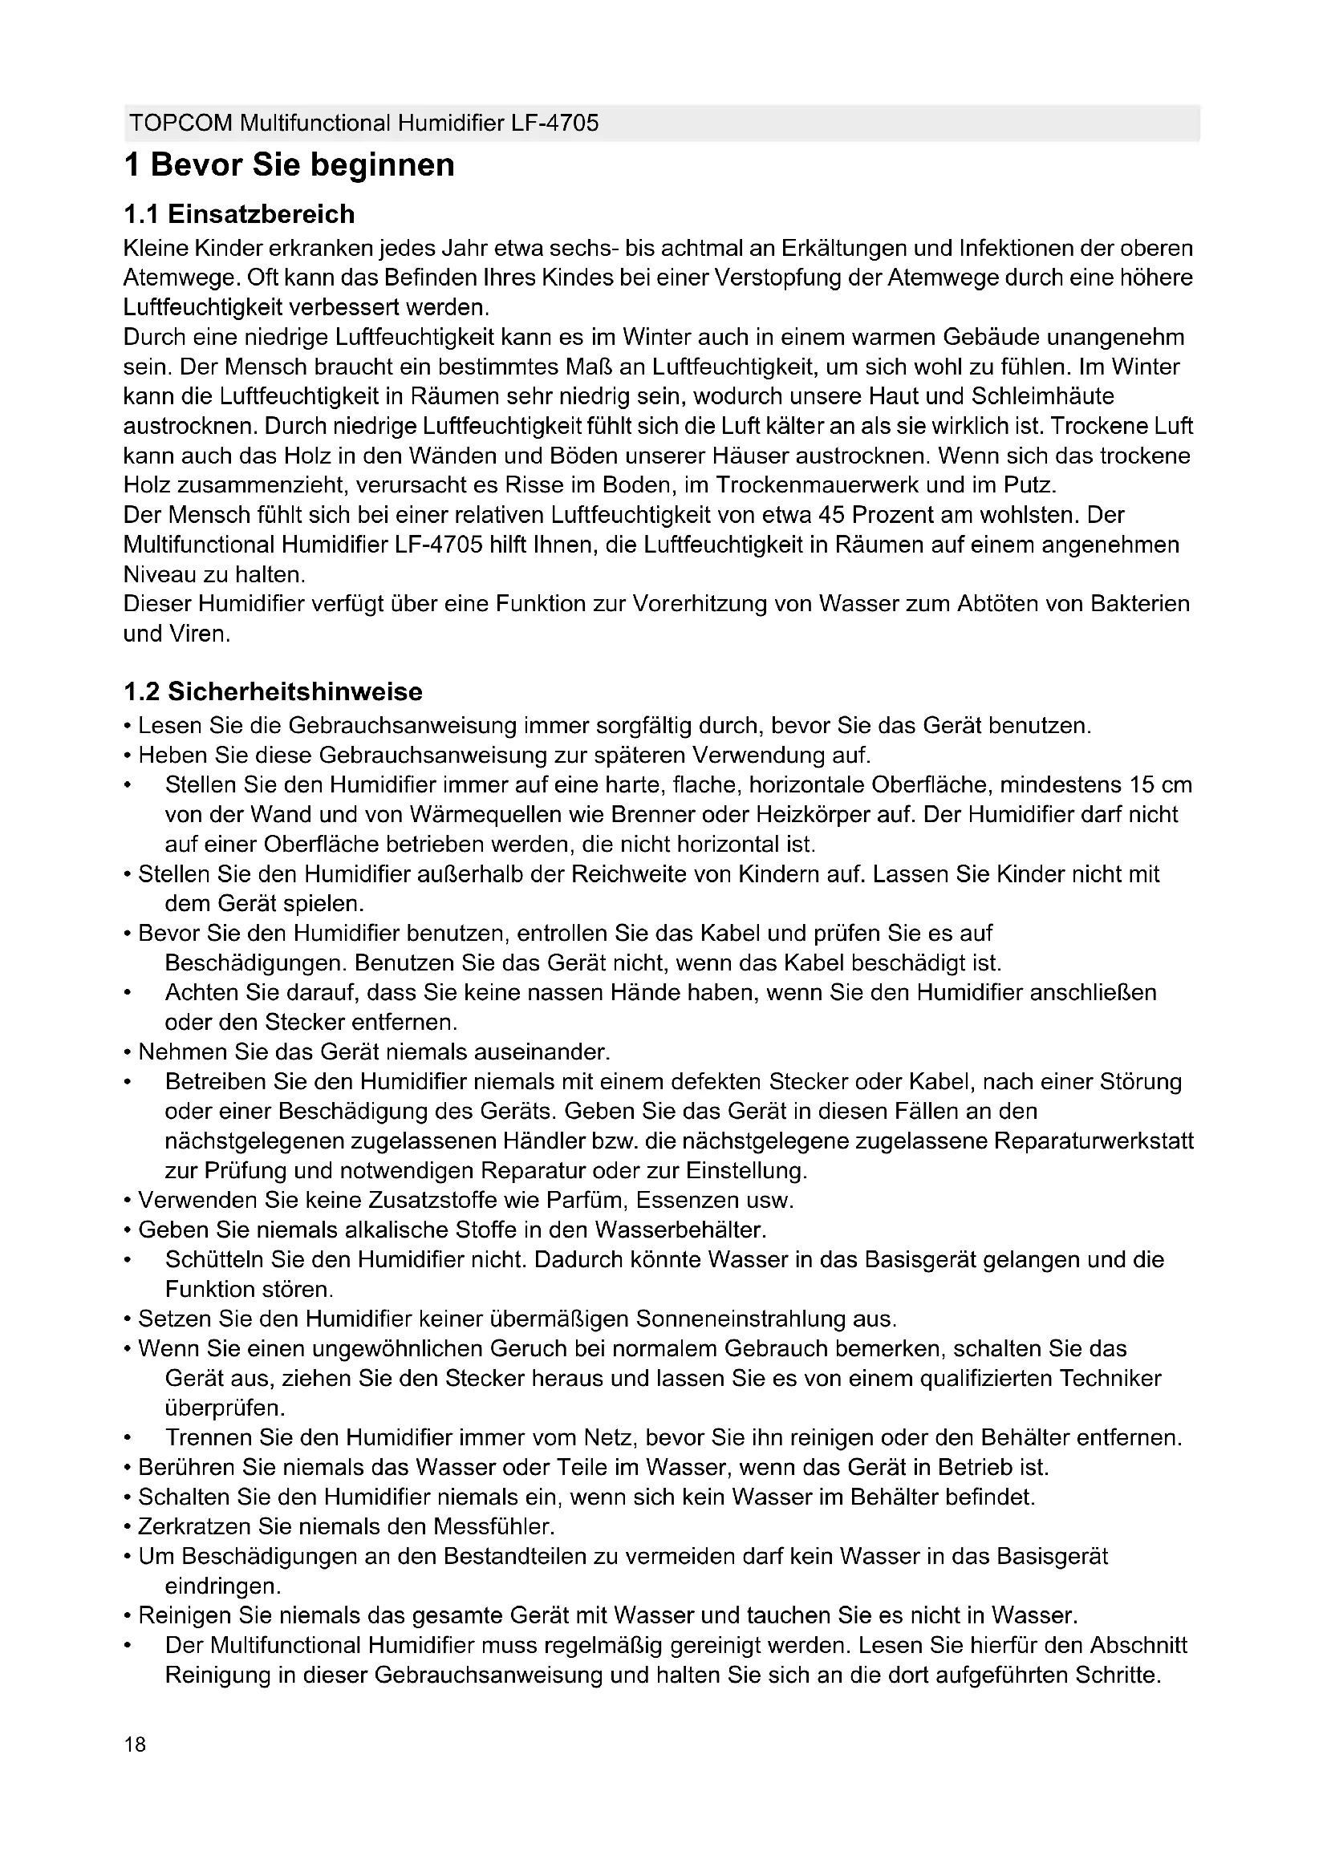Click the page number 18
[135, 1744]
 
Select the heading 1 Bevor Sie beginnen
[290, 165]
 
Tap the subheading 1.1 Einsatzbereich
[238, 214]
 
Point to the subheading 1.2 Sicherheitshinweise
[273, 692]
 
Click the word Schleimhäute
[1043, 396]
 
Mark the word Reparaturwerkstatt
[1094, 1141]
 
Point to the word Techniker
[1110, 1379]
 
